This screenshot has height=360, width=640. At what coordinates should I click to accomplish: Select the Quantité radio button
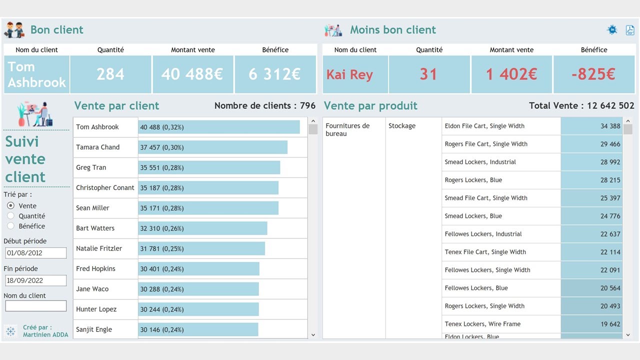(x=11, y=216)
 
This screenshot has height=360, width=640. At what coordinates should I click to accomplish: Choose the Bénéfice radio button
(x=11, y=226)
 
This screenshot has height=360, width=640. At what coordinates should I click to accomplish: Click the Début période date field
(x=35, y=253)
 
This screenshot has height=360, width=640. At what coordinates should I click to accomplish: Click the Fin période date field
(x=35, y=280)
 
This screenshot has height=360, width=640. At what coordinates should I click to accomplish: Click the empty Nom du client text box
(x=35, y=305)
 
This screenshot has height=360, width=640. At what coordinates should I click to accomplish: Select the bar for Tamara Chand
(x=212, y=147)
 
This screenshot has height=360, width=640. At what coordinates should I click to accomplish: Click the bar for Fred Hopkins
(x=198, y=269)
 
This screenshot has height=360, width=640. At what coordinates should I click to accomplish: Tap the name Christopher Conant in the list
(x=105, y=188)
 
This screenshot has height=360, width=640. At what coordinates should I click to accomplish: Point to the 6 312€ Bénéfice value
(x=274, y=74)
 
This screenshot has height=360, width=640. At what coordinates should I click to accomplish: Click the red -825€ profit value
(x=593, y=74)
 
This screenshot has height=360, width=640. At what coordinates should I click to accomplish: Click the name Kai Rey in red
(x=349, y=75)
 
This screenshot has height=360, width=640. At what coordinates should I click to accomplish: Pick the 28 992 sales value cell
(x=592, y=162)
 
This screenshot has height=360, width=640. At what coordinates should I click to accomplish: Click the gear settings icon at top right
(x=612, y=30)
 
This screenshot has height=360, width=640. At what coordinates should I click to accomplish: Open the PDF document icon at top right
(x=630, y=30)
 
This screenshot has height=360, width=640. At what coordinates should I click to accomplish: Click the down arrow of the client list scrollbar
(x=313, y=335)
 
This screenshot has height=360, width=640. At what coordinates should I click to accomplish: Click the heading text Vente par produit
(x=370, y=106)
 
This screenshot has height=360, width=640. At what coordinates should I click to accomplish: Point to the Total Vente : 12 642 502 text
(x=581, y=106)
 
